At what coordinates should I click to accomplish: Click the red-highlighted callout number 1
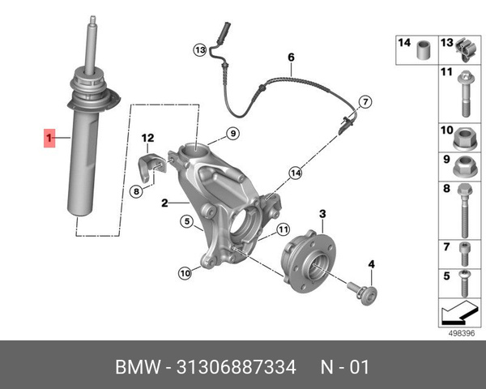pyautogui.click(x=48, y=139)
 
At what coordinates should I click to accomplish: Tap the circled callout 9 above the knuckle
pyautogui.click(x=231, y=134)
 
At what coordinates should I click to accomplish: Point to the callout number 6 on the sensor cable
pyautogui.click(x=291, y=58)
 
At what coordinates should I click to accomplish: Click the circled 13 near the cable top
pyautogui.click(x=200, y=50)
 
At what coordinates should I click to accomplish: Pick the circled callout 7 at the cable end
pyautogui.click(x=365, y=102)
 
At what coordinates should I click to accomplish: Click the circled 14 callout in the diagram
pyautogui.click(x=296, y=173)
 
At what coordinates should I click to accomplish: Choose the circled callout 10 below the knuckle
pyautogui.click(x=185, y=274)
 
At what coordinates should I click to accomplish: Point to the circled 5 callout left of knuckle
pyautogui.click(x=185, y=221)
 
